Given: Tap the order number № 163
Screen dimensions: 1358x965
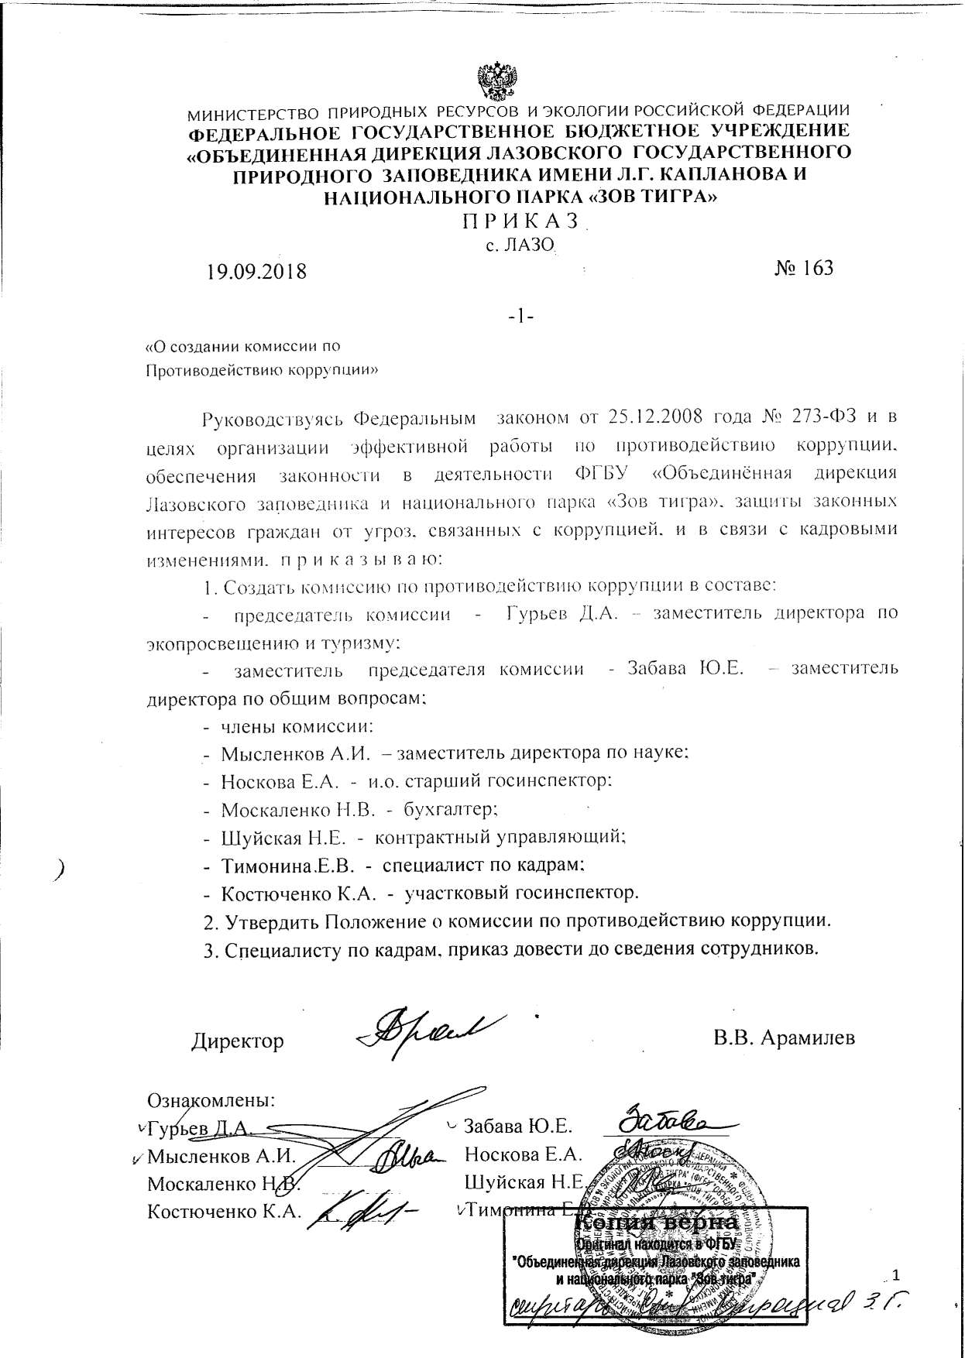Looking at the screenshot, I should [x=803, y=268].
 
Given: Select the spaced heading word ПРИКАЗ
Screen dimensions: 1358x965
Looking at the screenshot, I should [x=520, y=221].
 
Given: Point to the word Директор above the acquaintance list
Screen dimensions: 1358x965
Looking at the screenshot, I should [x=238, y=1041].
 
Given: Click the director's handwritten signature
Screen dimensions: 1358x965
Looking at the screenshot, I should [x=431, y=1029].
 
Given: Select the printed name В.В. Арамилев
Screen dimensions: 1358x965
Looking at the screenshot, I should [x=785, y=1037].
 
